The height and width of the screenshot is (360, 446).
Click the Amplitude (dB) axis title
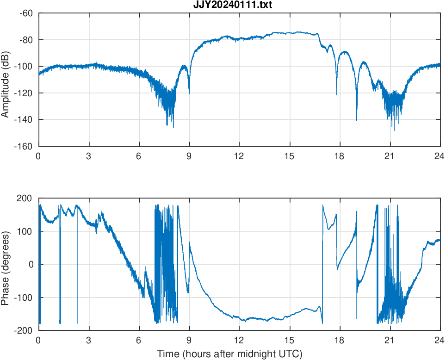6,80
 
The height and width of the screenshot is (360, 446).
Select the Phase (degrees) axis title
6,265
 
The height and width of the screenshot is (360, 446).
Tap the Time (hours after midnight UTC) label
229,354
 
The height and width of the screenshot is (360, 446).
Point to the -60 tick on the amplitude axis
25,13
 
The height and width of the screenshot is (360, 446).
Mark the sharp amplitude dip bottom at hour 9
189,94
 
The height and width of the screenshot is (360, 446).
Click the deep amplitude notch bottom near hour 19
357,120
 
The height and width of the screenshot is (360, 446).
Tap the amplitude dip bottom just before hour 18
336,95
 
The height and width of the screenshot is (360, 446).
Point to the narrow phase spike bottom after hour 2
77,323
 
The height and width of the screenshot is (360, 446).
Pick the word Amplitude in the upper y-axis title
6,95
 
